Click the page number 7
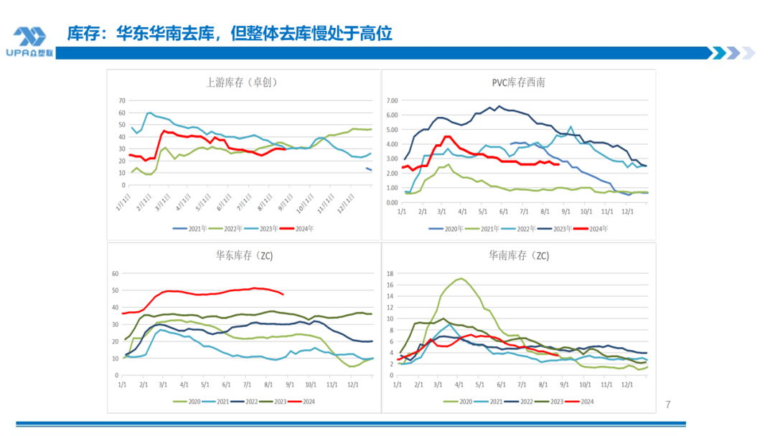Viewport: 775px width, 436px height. (668, 404)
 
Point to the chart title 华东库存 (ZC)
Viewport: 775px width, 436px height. (244, 255)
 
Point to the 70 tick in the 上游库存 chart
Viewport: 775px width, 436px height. (121, 101)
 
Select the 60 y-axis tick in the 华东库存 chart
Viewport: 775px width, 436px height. (114, 274)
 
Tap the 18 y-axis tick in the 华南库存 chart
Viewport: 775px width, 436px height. (390, 273)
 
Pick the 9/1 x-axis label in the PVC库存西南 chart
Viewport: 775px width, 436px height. (565, 212)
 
